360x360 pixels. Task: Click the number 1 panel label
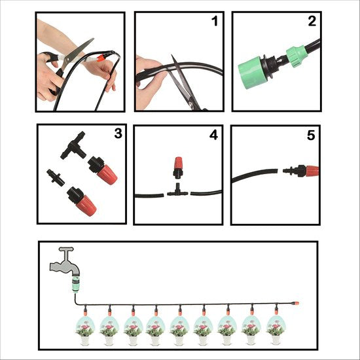tap(215, 21)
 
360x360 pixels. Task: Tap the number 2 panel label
tap(312, 21)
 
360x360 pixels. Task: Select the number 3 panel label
tap(118, 134)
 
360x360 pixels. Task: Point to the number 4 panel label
tap(213, 135)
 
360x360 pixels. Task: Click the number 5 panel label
tap(311, 135)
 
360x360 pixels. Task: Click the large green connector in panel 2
tap(250, 71)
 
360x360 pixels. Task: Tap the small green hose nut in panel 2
tap(296, 56)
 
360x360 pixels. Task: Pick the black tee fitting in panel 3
tap(73, 145)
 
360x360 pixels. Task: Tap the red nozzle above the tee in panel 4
tap(178, 168)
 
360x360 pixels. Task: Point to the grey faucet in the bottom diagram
tap(65, 262)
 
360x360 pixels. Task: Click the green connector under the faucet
tap(76, 285)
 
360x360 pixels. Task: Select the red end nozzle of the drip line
tap(295, 303)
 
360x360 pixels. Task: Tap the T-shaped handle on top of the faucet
tap(66, 249)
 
